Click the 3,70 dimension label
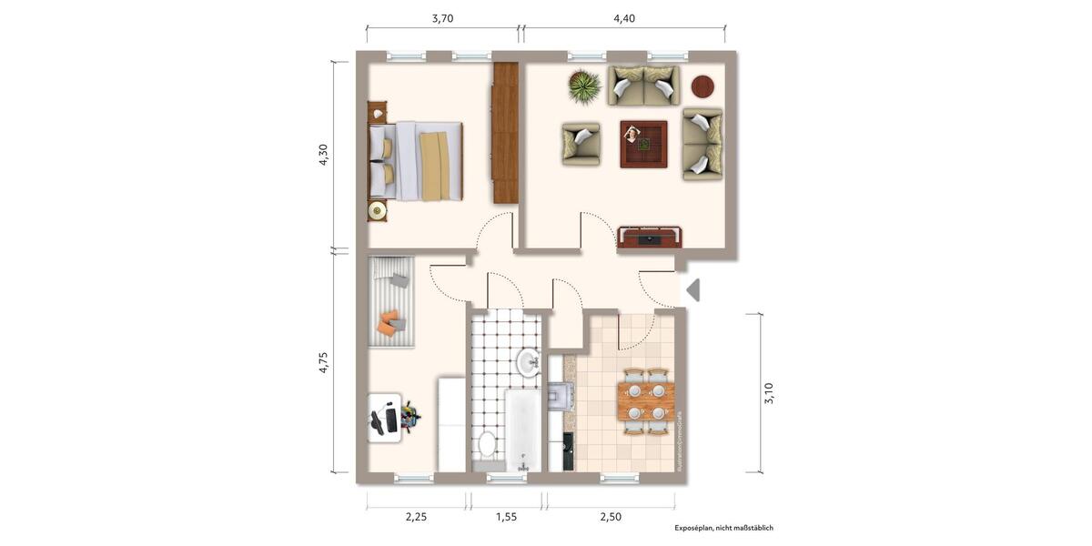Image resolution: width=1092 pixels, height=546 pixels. [x=442, y=18]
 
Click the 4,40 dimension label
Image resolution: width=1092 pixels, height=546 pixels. [x=624, y=18]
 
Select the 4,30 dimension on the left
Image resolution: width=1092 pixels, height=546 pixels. [x=323, y=155]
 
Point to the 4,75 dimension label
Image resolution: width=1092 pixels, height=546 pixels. [x=323, y=362]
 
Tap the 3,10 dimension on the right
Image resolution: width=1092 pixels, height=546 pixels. [x=769, y=393]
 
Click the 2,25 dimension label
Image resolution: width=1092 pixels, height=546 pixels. [x=416, y=516]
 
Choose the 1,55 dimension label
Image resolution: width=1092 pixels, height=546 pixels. [x=506, y=516]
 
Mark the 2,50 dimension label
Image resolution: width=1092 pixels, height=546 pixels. [x=611, y=516]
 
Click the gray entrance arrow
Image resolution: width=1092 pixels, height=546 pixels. [x=693, y=290]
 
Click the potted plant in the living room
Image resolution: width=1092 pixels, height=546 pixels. [x=584, y=87]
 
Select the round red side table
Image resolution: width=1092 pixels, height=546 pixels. [x=703, y=86]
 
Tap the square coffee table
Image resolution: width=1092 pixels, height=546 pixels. [x=643, y=144]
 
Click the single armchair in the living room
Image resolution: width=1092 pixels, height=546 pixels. [x=581, y=144]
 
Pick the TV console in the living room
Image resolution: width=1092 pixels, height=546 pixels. [x=650, y=238]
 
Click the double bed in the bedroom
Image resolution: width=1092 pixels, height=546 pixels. [x=416, y=160]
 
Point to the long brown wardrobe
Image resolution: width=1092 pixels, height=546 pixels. [x=505, y=133]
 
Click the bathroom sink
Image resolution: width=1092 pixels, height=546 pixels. [x=528, y=363]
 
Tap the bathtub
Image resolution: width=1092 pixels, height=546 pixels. [x=522, y=430]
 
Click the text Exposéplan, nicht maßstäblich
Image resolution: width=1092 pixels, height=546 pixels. [x=723, y=528]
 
